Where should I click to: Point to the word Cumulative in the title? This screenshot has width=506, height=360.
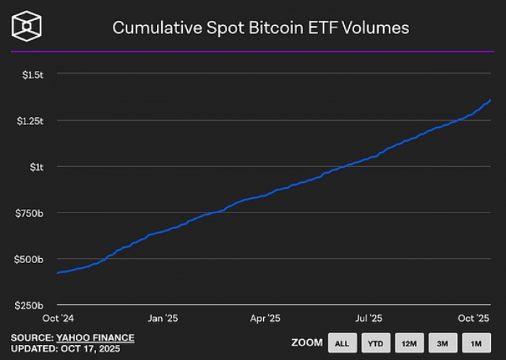click(x=154, y=27)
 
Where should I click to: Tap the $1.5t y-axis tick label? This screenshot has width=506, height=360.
click(x=33, y=74)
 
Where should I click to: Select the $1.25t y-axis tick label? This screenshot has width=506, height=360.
click(x=30, y=121)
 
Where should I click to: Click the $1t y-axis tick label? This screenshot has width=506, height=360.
click(x=35, y=167)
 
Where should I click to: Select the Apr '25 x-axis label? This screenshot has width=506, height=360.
click(x=265, y=318)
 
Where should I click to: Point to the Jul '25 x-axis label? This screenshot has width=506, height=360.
click(x=369, y=318)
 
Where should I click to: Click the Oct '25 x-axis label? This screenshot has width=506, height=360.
click(x=474, y=318)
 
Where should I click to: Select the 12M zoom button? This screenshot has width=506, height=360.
click(x=409, y=342)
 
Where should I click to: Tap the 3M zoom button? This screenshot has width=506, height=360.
click(x=442, y=342)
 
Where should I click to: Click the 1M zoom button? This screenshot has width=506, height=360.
click(x=476, y=342)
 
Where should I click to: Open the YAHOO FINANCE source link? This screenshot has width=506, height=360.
click(x=95, y=338)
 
